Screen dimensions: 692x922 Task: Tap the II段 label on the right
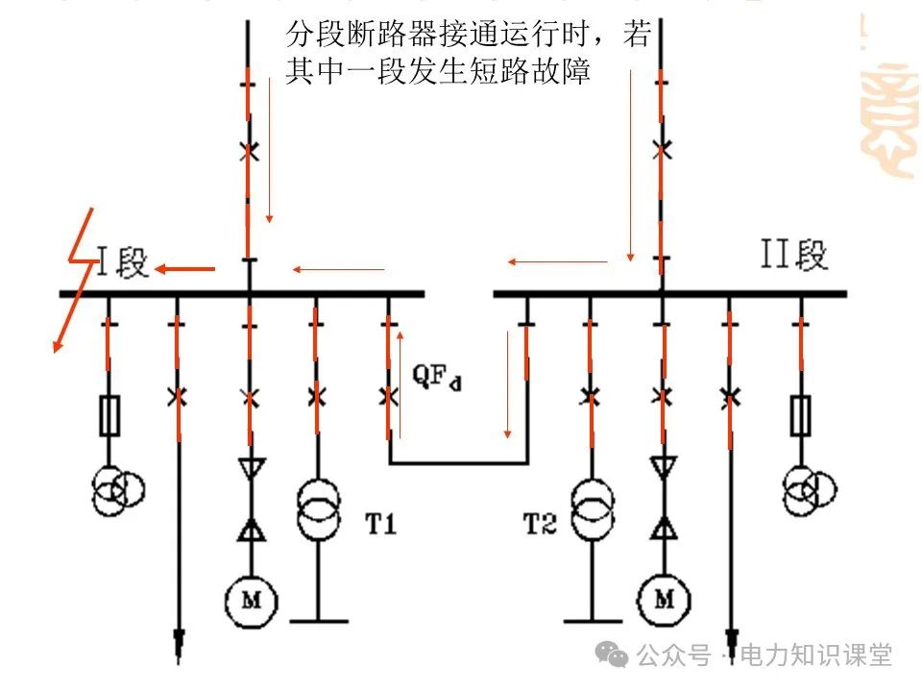pos(793,257)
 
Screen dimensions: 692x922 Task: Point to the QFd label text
pos(437,378)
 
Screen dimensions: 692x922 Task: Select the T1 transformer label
pos(382,524)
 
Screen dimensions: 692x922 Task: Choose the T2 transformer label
pos(540,524)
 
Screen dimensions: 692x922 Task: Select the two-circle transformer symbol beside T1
pos(317,510)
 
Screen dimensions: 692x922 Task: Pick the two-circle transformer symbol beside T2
pos(592,510)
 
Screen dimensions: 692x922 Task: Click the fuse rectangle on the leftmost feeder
pos(108,417)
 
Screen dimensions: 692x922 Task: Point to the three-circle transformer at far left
pos(118,488)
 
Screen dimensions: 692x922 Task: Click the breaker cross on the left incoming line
pos(249,151)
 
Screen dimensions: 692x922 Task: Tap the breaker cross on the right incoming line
pos(661,149)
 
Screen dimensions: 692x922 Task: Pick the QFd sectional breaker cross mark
pos(388,396)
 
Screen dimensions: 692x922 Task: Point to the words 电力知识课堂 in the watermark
pos(816,655)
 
